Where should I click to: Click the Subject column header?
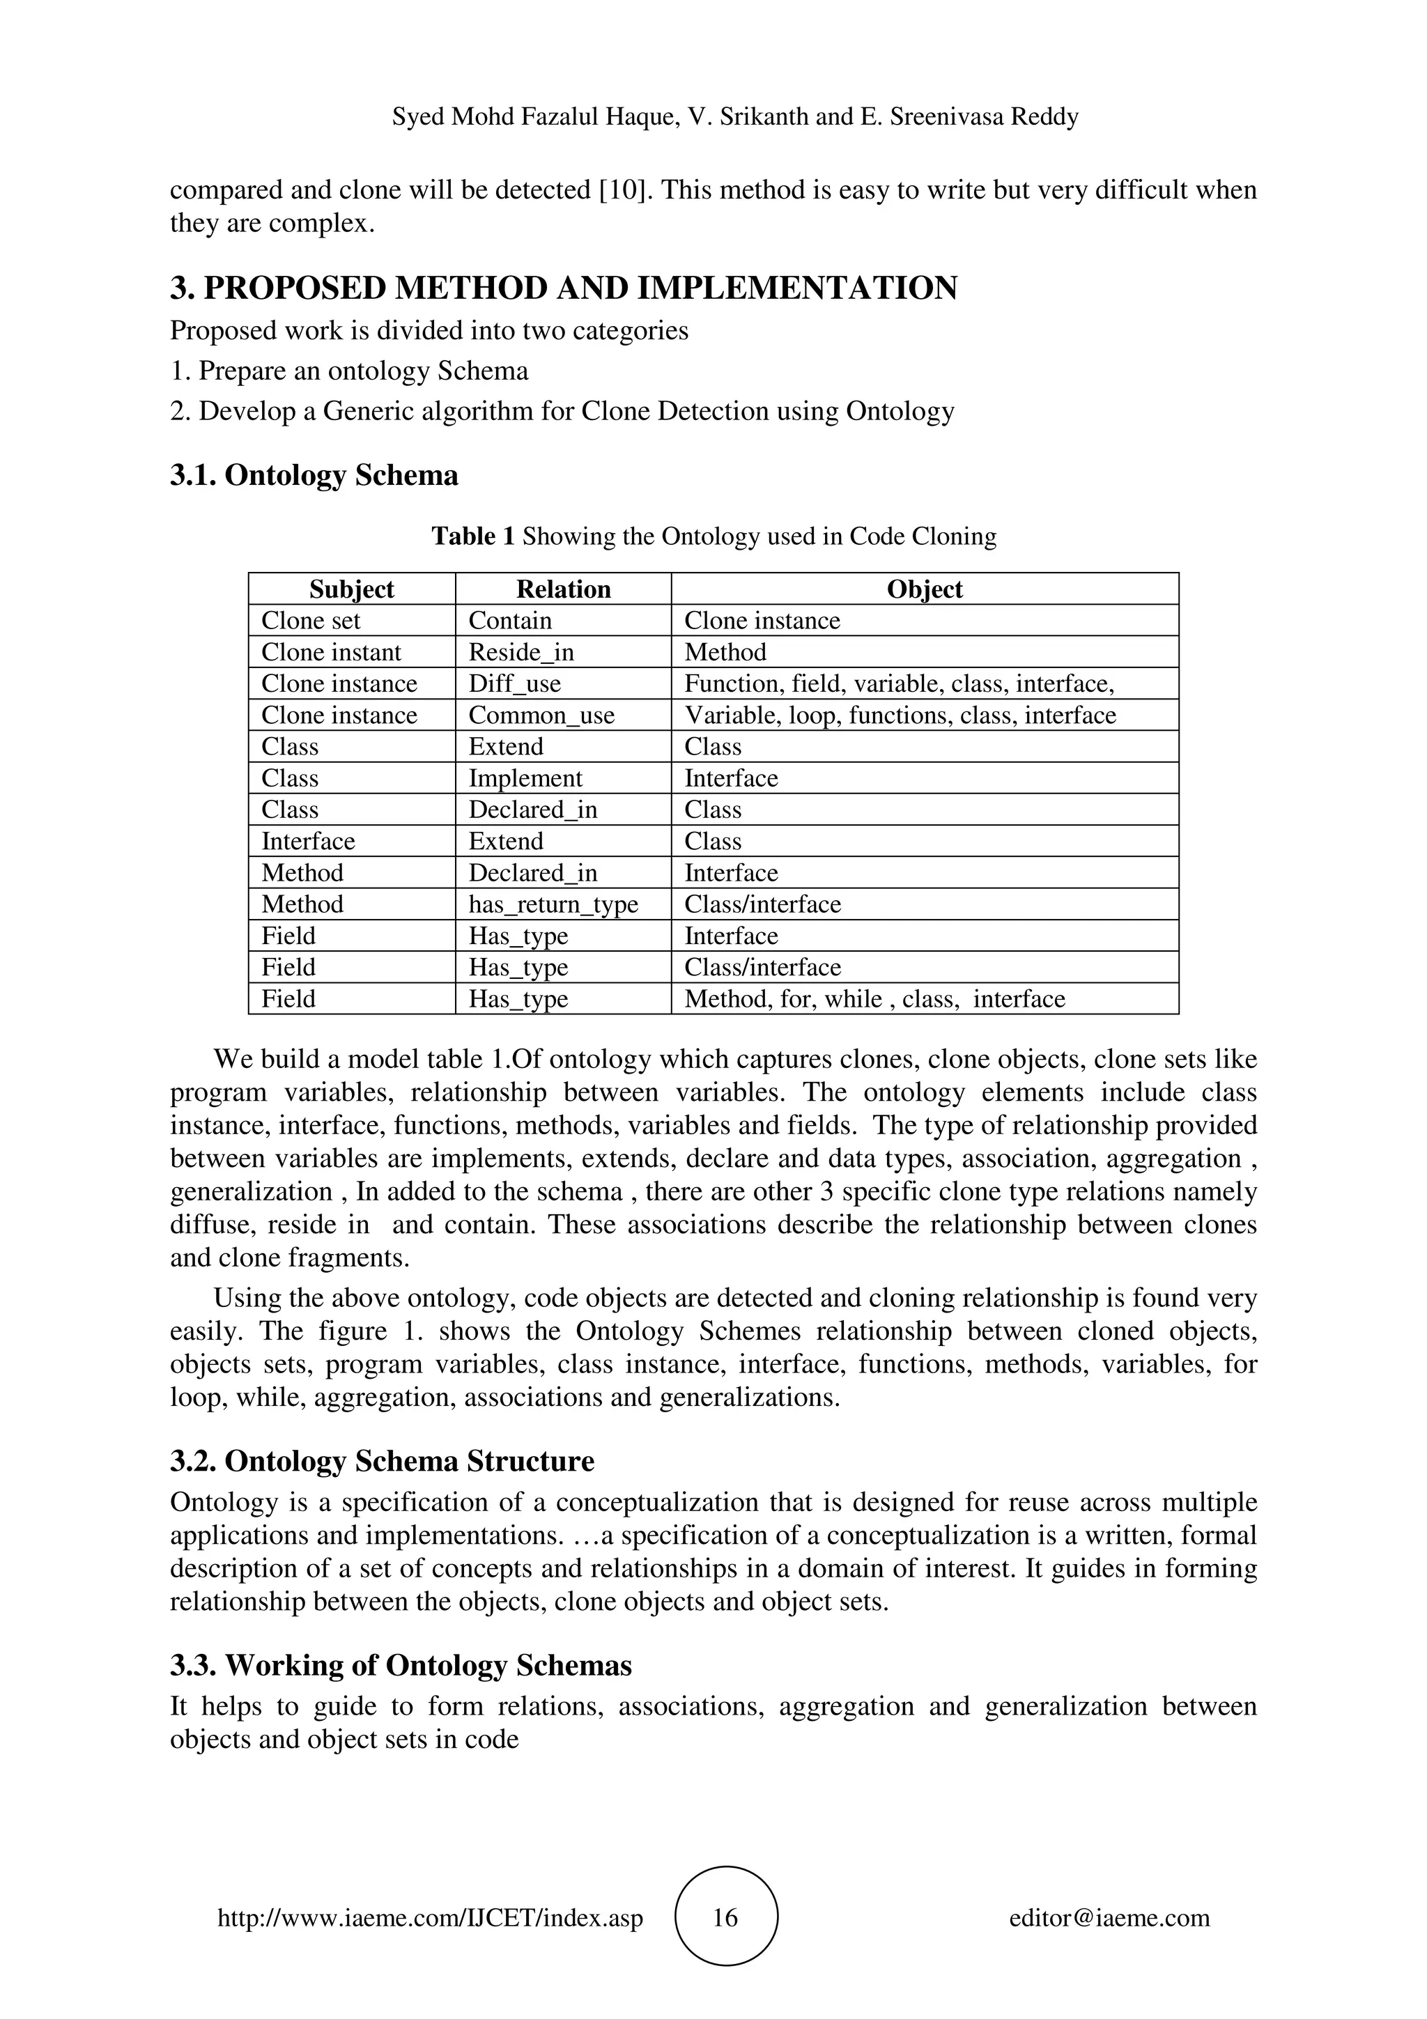tap(352, 589)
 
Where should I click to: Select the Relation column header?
tap(563, 589)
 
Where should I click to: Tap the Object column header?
tap(924, 589)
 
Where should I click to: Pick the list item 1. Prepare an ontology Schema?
tap(349, 371)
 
